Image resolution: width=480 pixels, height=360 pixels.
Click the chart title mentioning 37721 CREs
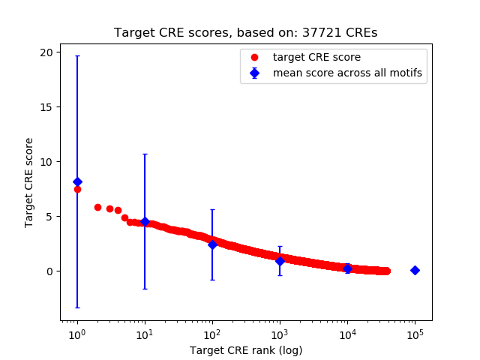246,33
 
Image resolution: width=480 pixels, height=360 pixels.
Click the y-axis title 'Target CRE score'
29,182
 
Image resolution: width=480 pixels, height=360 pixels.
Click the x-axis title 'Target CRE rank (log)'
246,350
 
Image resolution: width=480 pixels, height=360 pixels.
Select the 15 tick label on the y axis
46,107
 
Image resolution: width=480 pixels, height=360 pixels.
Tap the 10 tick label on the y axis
46,162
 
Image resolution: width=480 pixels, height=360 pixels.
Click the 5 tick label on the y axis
49,217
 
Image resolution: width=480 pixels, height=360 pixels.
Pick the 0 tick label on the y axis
49,271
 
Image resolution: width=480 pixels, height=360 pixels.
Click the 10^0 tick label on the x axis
76,332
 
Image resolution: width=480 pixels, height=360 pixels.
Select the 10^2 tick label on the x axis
212,332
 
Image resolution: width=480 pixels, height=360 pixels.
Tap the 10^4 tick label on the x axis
347,332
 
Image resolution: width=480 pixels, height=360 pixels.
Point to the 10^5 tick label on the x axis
415,332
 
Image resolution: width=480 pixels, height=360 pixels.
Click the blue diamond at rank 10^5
415,270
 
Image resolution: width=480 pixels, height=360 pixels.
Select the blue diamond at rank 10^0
77,181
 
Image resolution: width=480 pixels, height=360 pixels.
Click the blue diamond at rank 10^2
212,244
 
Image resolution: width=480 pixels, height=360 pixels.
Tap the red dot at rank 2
97,207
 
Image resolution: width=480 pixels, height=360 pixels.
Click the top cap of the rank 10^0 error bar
77,56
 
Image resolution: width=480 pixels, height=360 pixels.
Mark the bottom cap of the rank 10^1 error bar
145,289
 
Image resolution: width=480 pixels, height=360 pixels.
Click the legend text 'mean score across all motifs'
346,73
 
